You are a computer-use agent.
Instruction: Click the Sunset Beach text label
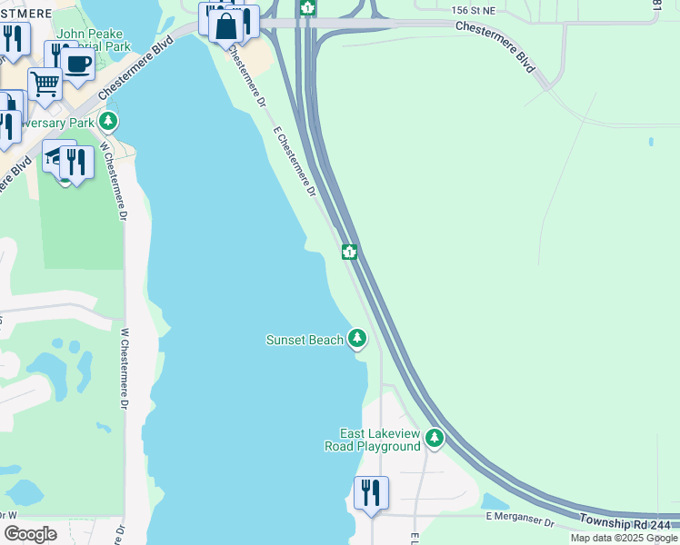(305, 340)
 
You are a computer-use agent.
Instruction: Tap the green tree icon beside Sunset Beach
(357, 339)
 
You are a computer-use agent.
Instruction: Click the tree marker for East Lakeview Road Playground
(435, 439)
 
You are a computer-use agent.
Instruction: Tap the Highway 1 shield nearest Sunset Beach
(348, 252)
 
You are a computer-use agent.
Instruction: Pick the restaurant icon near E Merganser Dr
(371, 492)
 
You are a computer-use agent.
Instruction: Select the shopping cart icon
(45, 84)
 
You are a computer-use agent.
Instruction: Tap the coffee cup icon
(78, 64)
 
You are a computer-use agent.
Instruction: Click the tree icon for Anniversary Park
(109, 121)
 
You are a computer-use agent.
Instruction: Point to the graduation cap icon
(57, 157)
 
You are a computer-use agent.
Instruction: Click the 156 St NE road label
(475, 8)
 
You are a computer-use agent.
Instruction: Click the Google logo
(30, 534)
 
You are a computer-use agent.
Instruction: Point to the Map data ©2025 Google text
(624, 538)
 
